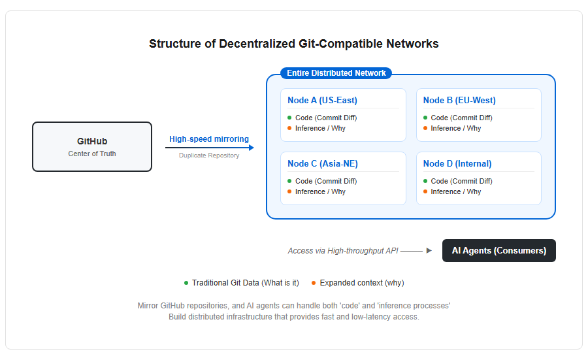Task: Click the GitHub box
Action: (x=92, y=146)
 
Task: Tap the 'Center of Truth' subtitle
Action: (x=92, y=154)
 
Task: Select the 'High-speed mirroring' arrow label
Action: (x=209, y=139)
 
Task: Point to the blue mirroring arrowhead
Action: (x=252, y=148)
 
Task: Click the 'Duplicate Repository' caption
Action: (x=209, y=155)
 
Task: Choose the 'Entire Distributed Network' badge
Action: (x=336, y=73)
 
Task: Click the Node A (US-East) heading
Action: (x=323, y=101)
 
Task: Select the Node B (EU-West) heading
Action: (x=459, y=101)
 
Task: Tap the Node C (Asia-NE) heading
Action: (x=323, y=164)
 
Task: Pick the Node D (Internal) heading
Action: (x=457, y=164)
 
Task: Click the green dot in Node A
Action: (x=289, y=118)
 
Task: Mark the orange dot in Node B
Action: (x=425, y=128)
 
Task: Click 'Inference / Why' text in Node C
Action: (x=320, y=191)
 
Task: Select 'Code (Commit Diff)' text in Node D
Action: (x=461, y=181)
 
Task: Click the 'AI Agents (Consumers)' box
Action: (x=498, y=250)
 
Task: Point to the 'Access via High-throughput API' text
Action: (x=343, y=251)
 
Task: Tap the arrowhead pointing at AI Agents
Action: (x=429, y=250)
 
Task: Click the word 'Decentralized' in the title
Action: (x=257, y=44)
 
